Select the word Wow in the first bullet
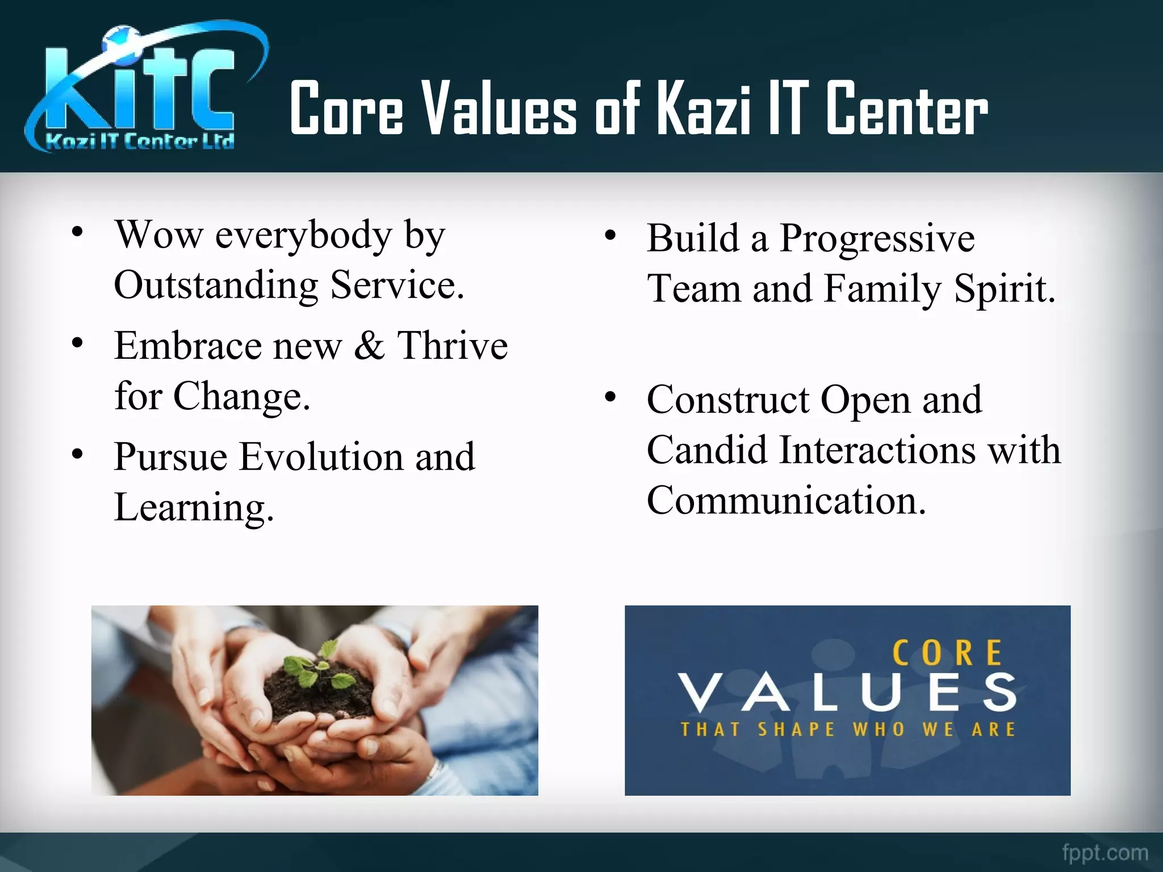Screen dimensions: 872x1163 [158, 234]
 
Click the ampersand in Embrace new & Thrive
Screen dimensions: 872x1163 [369, 345]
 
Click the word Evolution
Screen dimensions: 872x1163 [321, 456]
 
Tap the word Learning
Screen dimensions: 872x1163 [193, 507]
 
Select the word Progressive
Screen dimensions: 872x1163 [877, 238]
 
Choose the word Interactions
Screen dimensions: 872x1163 [877, 450]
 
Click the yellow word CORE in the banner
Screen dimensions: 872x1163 [947, 653]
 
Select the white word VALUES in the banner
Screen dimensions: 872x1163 [848, 692]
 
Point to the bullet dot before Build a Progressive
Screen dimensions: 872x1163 [610, 236]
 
